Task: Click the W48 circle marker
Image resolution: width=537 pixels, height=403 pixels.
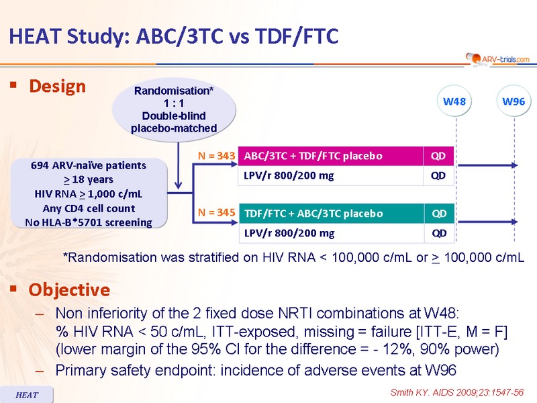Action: coord(454,101)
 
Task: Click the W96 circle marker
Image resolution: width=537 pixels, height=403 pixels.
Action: coord(514,101)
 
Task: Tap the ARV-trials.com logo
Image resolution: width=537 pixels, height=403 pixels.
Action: coord(498,59)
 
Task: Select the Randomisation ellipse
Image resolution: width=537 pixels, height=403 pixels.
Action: coord(174,109)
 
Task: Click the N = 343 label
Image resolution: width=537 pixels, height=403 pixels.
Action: coord(216,156)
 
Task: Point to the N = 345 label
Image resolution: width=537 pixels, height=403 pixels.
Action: coord(216,212)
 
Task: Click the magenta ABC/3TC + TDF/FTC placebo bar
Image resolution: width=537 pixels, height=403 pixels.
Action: coord(330,156)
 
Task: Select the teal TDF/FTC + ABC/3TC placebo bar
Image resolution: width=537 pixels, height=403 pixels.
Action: coord(331,214)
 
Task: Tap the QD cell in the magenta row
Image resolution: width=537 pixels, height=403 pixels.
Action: coord(438,156)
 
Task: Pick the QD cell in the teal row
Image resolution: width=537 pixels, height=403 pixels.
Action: coord(439,214)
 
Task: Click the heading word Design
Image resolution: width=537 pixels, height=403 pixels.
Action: coord(57,87)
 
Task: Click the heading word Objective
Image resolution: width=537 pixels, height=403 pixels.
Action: coord(69,290)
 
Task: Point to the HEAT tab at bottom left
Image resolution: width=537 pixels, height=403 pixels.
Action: coord(27,395)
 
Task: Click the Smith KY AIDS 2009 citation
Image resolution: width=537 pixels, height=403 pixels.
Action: coord(457,392)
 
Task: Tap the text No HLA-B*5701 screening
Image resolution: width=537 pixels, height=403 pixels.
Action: coord(89,223)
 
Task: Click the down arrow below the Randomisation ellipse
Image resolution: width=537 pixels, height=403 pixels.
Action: coord(178,165)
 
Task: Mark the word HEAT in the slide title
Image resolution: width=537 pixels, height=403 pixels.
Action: coord(36,36)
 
